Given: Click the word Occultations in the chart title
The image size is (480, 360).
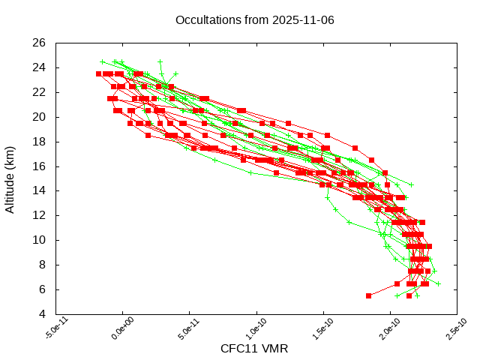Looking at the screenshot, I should (x=205, y=19).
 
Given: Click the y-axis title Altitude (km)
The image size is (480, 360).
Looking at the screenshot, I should (x=10, y=178).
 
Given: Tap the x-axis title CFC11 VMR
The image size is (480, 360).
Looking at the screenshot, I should (x=254, y=349).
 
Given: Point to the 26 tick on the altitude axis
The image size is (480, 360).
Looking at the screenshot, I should (x=40, y=43).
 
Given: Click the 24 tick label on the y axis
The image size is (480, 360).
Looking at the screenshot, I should (x=40, y=67).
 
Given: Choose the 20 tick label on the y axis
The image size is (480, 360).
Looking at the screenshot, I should (x=40, y=117).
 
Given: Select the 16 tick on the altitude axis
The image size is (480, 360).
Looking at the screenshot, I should (x=40, y=166).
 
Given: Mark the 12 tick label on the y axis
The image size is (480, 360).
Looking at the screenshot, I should (x=40, y=215).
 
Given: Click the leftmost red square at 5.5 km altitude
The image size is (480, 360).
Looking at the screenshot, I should (x=369, y=295).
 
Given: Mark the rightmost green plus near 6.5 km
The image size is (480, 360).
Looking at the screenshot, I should (x=439, y=283).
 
